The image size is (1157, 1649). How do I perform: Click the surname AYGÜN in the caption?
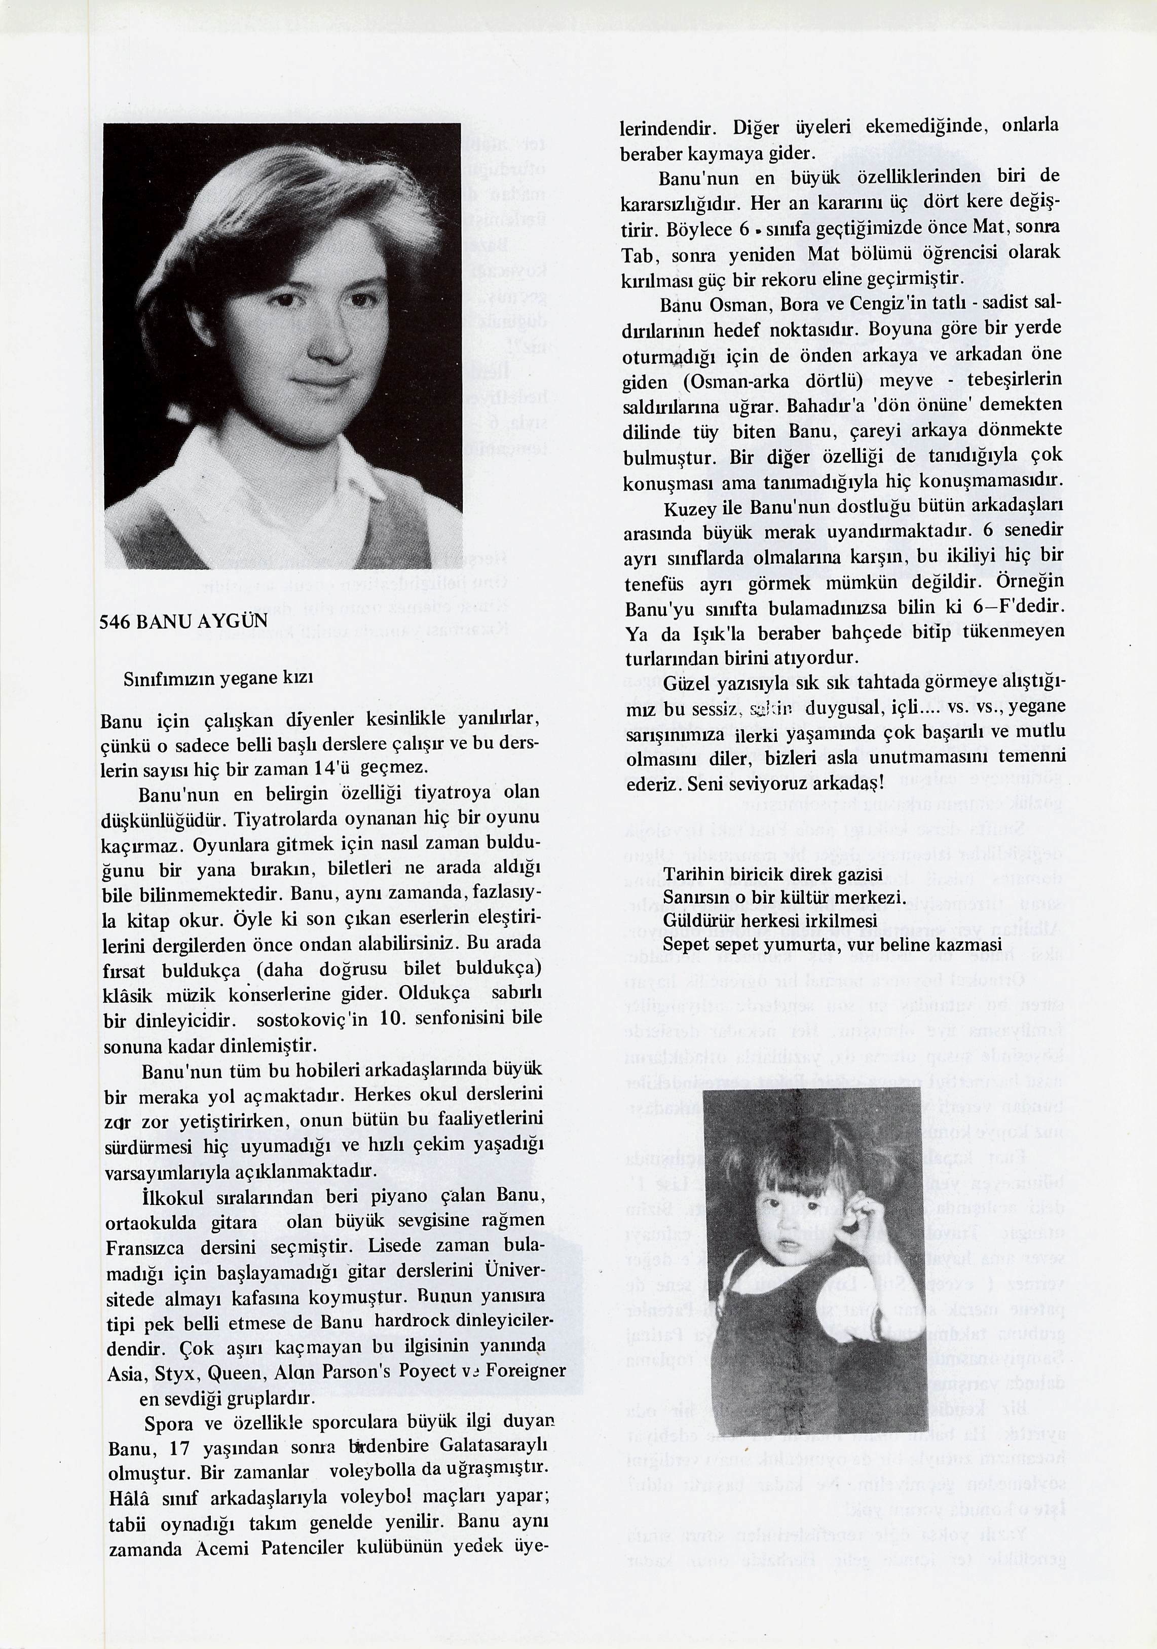pos(235,621)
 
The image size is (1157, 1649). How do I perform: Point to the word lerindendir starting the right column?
pos(668,129)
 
